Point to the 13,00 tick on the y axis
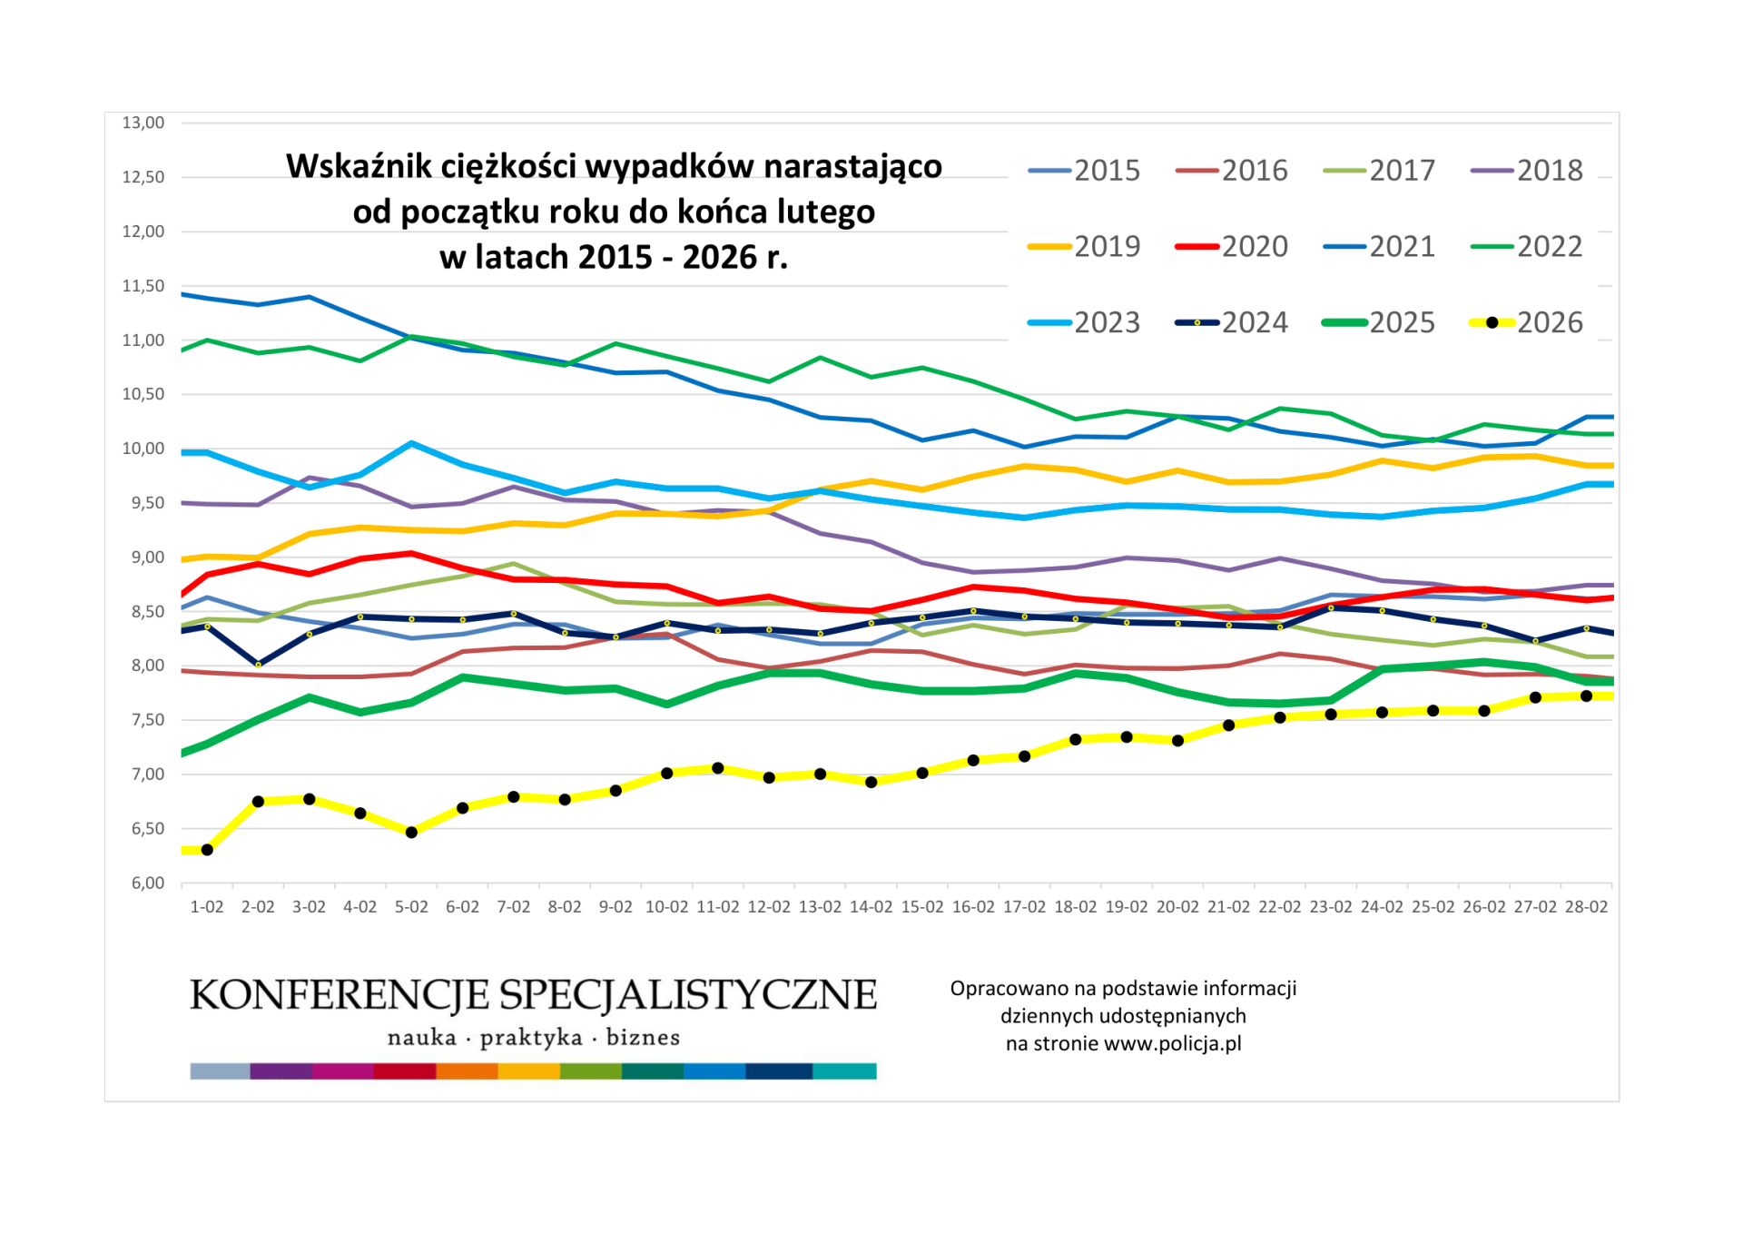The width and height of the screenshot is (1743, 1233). [143, 123]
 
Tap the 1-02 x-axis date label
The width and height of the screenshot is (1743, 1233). [206, 907]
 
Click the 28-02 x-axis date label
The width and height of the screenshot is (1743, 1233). [1586, 907]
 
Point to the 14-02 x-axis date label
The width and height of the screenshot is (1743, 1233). [871, 907]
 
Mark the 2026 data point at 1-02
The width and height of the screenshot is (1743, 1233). [207, 850]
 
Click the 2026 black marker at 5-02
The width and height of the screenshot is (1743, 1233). [411, 833]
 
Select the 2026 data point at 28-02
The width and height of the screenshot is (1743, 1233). [1586, 696]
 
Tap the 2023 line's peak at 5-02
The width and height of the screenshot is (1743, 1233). [411, 443]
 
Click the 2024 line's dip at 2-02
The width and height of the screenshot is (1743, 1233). [258, 665]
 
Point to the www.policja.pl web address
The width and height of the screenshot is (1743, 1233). [1172, 1044]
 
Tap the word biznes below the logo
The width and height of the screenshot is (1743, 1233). [643, 1038]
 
